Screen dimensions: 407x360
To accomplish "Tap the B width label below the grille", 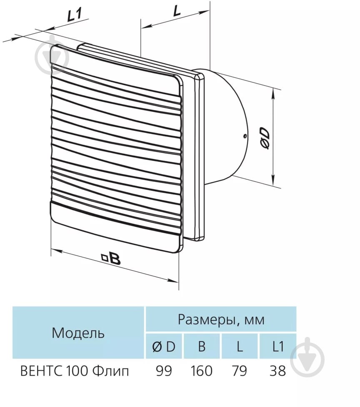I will pyautogui.click(x=115, y=259).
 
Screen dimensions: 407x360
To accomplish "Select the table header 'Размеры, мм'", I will pyautogui.click(x=221, y=320).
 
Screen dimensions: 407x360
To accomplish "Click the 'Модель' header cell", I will pyautogui.click(x=78, y=333).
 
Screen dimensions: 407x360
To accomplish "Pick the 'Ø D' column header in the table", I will pyautogui.click(x=164, y=347).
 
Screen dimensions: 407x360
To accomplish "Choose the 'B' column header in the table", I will pyautogui.click(x=202, y=347).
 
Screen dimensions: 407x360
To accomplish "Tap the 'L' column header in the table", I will pyautogui.click(x=240, y=347).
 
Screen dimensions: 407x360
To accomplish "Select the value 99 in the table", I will pyautogui.click(x=164, y=371).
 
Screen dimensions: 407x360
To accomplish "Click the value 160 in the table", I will pyautogui.click(x=202, y=371).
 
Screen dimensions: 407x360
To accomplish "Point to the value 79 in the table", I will pyautogui.click(x=240, y=371).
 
